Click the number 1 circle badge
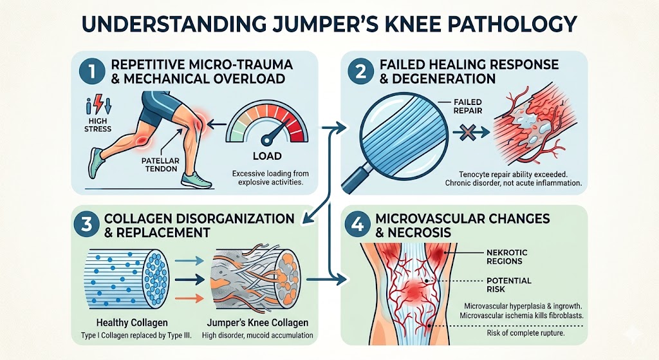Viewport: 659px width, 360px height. [x=93, y=71]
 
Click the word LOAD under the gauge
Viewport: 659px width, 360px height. [x=267, y=156]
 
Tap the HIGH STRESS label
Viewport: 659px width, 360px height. [x=98, y=125]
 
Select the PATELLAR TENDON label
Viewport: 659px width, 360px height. [x=160, y=165]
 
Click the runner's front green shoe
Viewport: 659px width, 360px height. [x=196, y=180]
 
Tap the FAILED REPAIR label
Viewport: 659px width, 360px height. [x=467, y=106]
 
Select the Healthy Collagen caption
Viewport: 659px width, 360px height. [x=132, y=323]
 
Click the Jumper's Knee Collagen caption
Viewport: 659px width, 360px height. [x=257, y=323]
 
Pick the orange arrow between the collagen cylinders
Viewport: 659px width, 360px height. [x=189, y=299]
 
